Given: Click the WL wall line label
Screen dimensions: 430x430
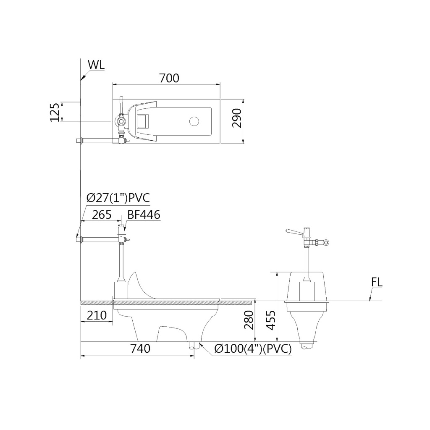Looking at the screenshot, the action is (96, 65).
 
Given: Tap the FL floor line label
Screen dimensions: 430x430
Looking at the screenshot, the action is (377, 283).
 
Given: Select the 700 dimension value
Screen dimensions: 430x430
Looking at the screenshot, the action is (169, 78).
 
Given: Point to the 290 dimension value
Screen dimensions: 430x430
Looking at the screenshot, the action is (237, 118).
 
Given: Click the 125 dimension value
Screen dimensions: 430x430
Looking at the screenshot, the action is (55, 112).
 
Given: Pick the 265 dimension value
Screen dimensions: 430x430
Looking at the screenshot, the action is (102, 215).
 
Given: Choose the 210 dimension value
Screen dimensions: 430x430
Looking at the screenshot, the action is (97, 315).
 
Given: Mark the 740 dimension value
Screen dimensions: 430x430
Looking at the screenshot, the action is (140, 348).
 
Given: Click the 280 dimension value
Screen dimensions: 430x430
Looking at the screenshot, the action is (249, 320).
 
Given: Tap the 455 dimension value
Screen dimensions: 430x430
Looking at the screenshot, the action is (270, 320).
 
